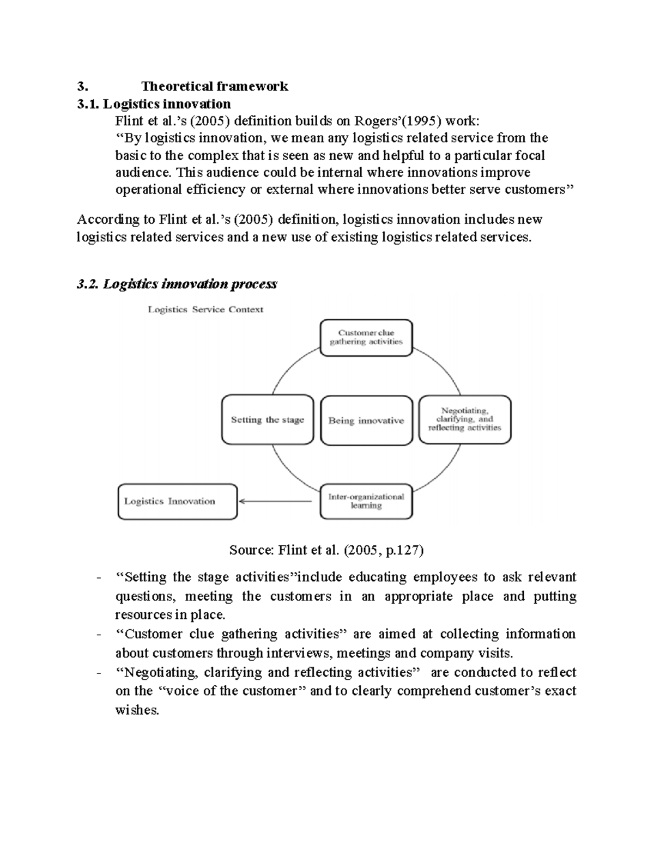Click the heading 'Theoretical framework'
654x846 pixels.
click(x=215, y=86)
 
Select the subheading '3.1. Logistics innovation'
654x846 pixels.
click(x=154, y=104)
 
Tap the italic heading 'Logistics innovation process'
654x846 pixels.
click(x=190, y=284)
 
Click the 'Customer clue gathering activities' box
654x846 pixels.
click(x=366, y=338)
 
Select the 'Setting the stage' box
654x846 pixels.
click(x=267, y=420)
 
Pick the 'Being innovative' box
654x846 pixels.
click(x=366, y=421)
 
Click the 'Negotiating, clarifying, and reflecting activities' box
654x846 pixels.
click(x=464, y=419)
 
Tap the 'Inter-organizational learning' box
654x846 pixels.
click(x=366, y=501)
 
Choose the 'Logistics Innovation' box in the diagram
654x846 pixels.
click(x=177, y=501)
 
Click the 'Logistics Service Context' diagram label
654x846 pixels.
click(x=205, y=309)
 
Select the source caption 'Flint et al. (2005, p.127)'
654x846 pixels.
click(x=326, y=550)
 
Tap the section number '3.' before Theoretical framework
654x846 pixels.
click(x=82, y=86)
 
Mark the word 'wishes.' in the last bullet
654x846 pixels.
click(x=137, y=710)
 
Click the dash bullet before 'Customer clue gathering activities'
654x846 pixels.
click(x=98, y=635)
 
